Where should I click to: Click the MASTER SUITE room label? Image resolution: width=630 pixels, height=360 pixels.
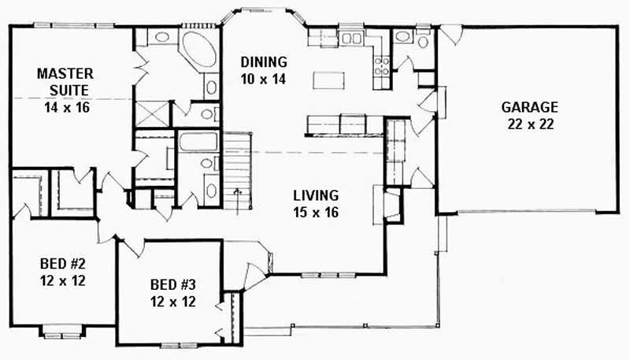coord(65,82)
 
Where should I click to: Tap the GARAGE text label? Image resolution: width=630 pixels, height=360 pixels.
coord(529,107)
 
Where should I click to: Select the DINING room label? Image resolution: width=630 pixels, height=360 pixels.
coord(264,62)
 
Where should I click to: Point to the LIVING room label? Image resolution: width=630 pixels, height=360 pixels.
coord(316,195)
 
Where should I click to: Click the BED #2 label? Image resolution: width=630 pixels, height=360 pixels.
coord(63,264)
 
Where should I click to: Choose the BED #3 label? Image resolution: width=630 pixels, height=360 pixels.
coord(172,285)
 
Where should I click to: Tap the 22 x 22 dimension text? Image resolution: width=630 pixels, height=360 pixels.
coord(530,124)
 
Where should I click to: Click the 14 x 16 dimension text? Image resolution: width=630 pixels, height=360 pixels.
coord(67,107)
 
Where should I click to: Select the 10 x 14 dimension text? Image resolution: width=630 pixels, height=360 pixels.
coord(264,79)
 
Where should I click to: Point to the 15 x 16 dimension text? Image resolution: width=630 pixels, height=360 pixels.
coord(316,212)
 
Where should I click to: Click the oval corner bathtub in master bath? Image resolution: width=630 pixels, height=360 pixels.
coord(200,49)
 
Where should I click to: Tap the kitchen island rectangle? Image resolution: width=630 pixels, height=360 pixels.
coord(328,80)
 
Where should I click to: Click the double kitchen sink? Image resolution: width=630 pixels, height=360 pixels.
coord(351,38)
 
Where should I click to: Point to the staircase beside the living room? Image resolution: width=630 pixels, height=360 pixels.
coord(238,170)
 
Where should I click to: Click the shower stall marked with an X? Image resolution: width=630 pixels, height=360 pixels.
coord(152,114)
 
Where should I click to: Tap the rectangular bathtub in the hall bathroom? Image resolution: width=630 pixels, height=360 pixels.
coord(198,142)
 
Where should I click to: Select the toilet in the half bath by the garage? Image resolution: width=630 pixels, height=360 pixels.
coord(423,41)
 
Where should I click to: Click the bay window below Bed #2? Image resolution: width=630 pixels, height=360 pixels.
coord(62,332)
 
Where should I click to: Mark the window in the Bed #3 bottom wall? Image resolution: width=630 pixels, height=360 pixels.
coord(179,345)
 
